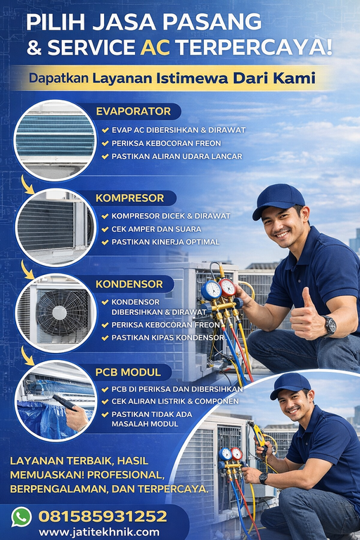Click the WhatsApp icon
click(21, 517)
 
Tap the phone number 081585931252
click(103, 517)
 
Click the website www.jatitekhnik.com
click(99, 532)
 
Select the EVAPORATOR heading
click(134, 111)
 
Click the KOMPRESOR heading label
click(130, 198)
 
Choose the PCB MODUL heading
click(128, 372)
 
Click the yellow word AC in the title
click(155, 48)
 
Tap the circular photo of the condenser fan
click(56, 313)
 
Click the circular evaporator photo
click(55, 140)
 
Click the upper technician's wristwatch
click(330, 325)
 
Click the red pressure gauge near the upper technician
click(227, 288)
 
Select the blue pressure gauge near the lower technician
click(225, 454)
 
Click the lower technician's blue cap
click(290, 385)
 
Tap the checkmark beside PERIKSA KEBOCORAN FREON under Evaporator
click(105, 143)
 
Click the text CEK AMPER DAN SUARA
click(156, 229)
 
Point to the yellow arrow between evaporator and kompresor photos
click(27, 185)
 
